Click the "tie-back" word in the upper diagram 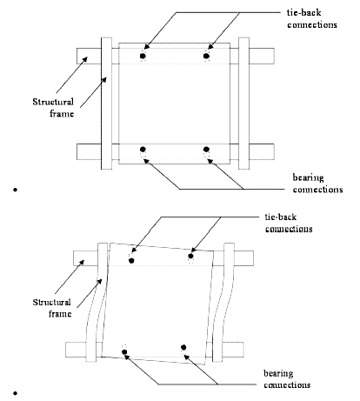coord(303,13)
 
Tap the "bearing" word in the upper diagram coord(308,177)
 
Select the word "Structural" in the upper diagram coord(53,102)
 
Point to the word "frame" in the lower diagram coord(60,314)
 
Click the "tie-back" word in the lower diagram coord(281,217)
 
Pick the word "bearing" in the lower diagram coord(278,373)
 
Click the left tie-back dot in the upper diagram coord(143,56)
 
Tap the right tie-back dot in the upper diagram coord(206,56)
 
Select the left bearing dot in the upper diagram coord(143,150)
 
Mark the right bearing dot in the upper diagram coord(206,150)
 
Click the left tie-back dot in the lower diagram coord(131,260)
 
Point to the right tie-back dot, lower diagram coord(190,256)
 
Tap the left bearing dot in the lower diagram coord(124,352)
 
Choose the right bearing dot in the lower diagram coord(183,347)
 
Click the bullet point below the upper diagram coord(15,190)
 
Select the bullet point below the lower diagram coord(15,393)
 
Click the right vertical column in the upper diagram coord(243,104)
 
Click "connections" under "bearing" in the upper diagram coord(317,190)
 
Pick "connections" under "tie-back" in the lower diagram coord(289,229)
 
